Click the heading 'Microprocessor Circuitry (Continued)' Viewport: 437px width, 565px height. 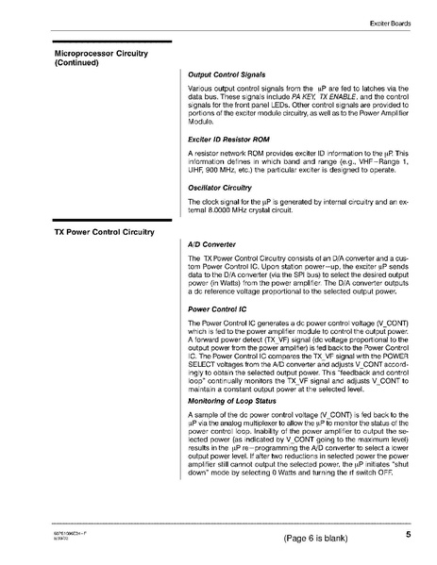pos(101,58)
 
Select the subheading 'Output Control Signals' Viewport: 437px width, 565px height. pos(226,75)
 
